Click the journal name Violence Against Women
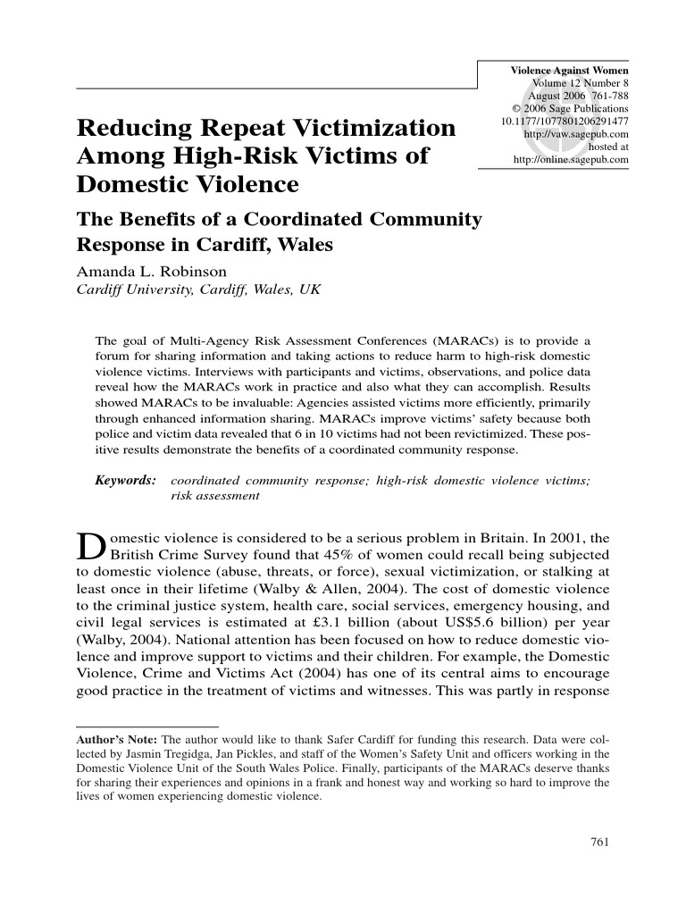coord(568,70)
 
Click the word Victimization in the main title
coord(362,129)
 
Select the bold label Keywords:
coord(126,481)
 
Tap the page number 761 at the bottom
coord(601,842)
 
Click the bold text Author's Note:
coord(116,740)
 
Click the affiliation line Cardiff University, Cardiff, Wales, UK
coord(192,291)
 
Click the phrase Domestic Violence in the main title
coord(188,186)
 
